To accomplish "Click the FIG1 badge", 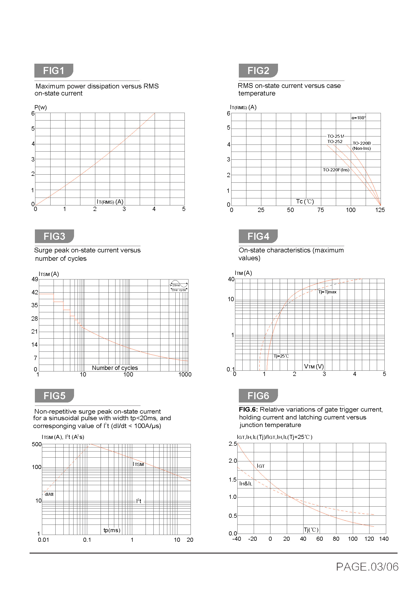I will [54, 70].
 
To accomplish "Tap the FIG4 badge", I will [258, 236].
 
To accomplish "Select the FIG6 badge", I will [258, 395].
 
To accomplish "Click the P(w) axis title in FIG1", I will [41, 107].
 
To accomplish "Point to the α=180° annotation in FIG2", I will [358, 118].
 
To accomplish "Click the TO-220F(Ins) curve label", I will [336, 170].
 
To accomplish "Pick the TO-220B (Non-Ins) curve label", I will [361, 146].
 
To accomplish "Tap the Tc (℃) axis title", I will [305, 201].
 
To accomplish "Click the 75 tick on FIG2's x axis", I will [320, 210].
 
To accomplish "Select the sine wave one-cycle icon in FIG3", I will [179, 286].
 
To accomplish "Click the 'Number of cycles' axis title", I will [115, 368].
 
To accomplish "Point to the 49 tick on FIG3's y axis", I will [35, 279].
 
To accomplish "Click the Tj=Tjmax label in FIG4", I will [327, 292].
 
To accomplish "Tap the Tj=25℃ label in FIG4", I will [281, 356].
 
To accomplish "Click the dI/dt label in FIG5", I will [49, 494].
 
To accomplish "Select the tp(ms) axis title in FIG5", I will [112, 530].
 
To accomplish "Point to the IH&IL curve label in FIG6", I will [246, 483].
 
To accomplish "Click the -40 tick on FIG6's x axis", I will [237, 539].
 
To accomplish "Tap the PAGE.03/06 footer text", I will [367, 567].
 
